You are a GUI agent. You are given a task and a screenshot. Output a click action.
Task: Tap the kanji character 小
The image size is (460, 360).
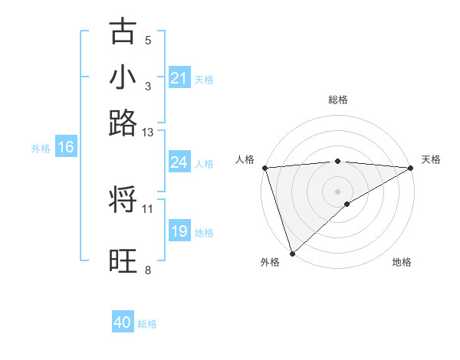pos(123,77)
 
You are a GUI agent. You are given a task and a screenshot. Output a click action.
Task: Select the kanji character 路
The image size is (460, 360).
pos(123,123)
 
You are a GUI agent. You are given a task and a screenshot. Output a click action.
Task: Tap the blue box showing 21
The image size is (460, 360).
pos(179,78)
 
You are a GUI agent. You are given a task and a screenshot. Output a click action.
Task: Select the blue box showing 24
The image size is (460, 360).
pos(179,162)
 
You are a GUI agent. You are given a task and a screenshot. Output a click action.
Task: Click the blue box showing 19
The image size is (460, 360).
pos(179,231)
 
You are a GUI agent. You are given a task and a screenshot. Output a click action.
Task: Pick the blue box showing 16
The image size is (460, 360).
pos(66,148)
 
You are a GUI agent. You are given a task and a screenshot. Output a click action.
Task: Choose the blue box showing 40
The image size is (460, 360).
pos(123,322)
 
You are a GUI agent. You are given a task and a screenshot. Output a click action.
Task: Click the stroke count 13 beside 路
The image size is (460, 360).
pos(148,133)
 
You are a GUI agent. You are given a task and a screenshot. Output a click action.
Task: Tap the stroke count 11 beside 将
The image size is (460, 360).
pos(148,208)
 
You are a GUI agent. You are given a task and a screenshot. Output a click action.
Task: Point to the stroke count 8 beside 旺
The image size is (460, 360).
pos(148,270)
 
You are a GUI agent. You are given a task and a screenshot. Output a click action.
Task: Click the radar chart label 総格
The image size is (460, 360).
pos(338,100)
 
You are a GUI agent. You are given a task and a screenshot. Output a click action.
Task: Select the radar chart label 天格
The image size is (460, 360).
pos(431,159)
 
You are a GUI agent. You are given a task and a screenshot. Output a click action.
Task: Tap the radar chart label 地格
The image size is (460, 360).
pos(402,262)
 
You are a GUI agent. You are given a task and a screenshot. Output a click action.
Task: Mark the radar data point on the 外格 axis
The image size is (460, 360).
pos(292,253)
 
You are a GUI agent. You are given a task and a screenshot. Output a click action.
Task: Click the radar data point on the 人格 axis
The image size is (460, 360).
pos(264,168)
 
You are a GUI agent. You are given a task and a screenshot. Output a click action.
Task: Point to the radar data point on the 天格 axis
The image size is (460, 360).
pos(411,168)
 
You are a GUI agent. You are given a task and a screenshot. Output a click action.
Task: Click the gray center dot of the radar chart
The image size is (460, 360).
pos(337,191)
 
